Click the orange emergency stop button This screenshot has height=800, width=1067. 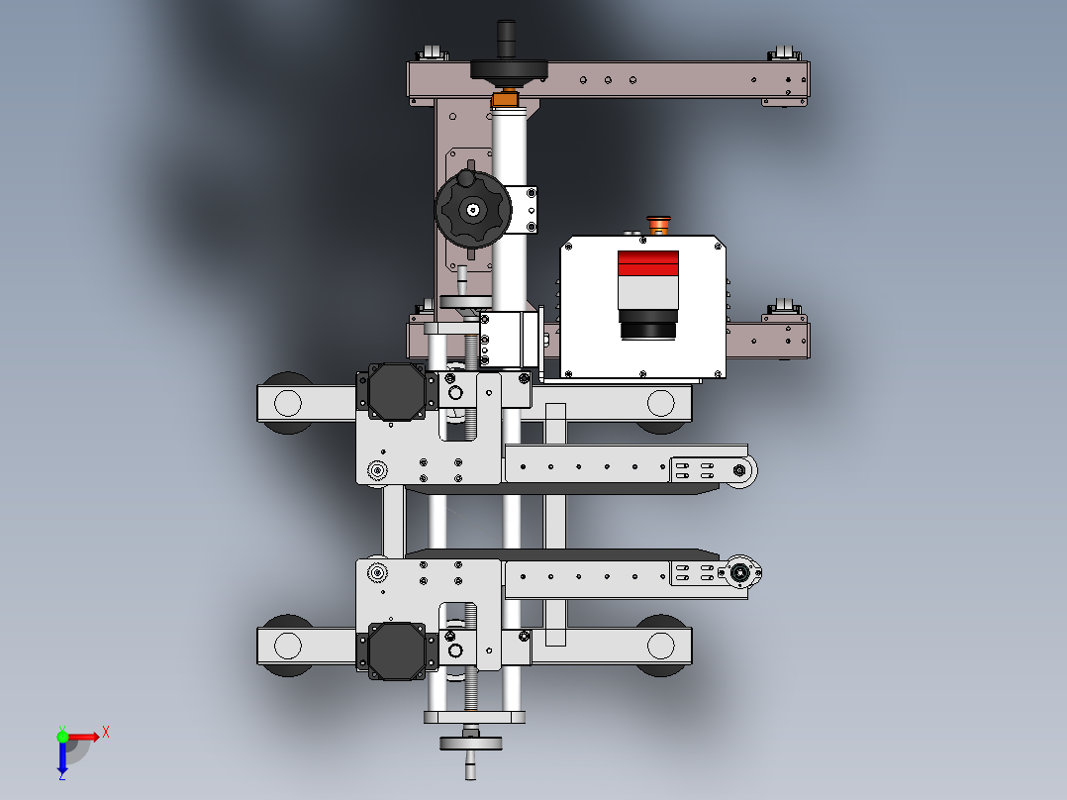658,225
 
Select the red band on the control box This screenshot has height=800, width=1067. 647,263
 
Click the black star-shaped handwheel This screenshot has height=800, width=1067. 473,210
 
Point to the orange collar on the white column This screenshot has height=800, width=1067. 505,100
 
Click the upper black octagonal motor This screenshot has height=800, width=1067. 397,391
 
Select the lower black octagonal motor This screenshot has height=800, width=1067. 397,650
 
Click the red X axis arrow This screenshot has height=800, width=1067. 84,737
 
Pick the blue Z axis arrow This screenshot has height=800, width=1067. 62,756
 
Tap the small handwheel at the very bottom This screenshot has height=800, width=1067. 470,743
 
